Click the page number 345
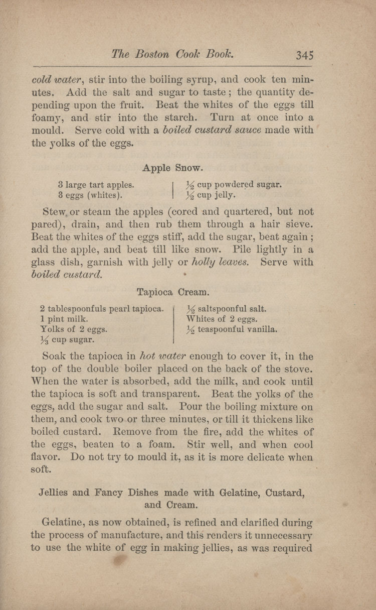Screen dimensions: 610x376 [x=304, y=54]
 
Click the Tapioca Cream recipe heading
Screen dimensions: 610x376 [x=173, y=291]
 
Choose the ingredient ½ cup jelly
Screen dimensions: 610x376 [x=211, y=195]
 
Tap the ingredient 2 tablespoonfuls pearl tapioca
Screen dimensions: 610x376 [x=102, y=308]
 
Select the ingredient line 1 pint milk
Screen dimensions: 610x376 [x=64, y=319]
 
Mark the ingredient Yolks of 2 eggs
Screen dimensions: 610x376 [x=73, y=329]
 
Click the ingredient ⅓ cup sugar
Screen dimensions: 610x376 [x=68, y=340]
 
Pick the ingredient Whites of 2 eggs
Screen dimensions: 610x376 [x=222, y=319]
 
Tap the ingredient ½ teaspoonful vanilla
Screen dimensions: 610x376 [x=232, y=329]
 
